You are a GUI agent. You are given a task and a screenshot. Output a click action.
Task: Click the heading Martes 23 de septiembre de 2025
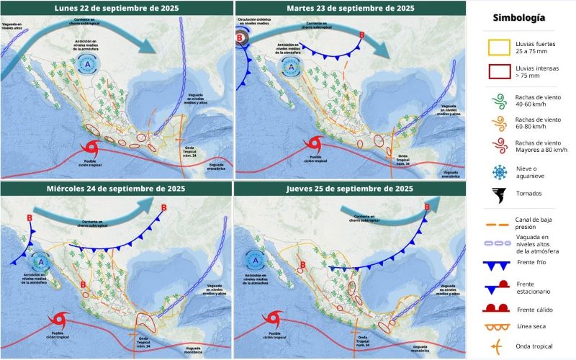[352, 9]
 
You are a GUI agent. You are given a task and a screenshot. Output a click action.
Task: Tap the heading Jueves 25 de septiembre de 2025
[352, 189]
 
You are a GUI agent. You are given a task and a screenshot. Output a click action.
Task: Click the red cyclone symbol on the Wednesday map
[59, 318]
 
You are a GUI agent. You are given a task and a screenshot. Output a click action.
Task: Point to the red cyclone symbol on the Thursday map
[274, 318]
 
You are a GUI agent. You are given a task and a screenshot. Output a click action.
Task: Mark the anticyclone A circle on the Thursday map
[253, 257]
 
